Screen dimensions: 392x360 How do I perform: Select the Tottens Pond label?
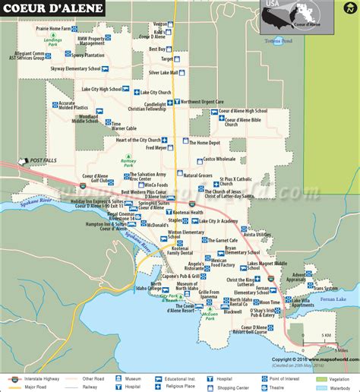[278, 40]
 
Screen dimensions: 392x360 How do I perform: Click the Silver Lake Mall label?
[163, 73]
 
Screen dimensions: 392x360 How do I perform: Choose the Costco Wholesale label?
[219, 160]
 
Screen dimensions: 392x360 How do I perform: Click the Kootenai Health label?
[185, 212]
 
